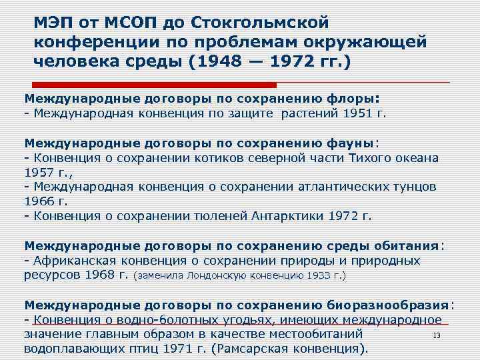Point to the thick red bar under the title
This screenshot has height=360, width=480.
click(x=154, y=85)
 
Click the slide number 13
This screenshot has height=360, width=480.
click(x=437, y=335)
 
